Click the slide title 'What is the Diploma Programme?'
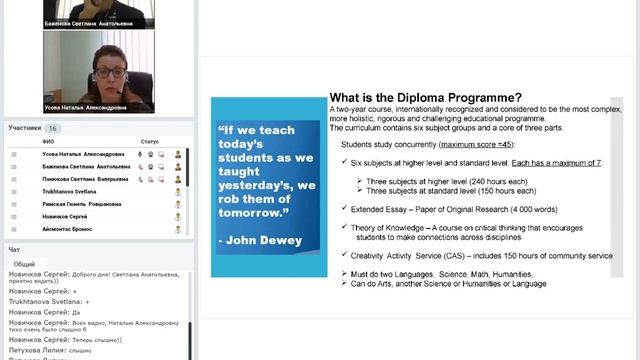pos(425,97)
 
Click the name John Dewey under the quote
pos(253,241)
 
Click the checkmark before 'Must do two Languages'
pos(343,273)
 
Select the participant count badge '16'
pos(53,128)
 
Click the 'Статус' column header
pos(150,142)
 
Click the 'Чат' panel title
pos(14,249)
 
